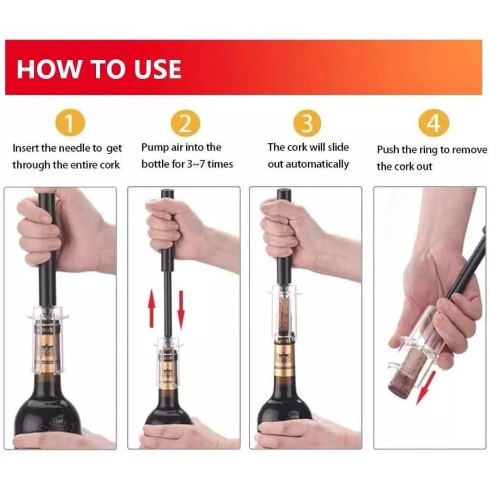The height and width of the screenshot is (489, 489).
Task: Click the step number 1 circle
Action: (x=70, y=123)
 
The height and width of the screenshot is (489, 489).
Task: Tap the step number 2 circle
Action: (x=185, y=123)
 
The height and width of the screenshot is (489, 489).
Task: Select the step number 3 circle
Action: (x=307, y=123)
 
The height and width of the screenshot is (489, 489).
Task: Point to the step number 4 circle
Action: (x=433, y=123)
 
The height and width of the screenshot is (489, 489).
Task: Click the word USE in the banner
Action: (x=158, y=68)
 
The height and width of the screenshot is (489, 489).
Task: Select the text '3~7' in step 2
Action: (x=195, y=164)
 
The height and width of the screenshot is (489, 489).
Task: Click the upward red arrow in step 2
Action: (x=152, y=308)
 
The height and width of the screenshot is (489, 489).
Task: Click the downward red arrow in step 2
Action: (x=181, y=310)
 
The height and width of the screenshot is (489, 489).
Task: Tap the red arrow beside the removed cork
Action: (x=425, y=388)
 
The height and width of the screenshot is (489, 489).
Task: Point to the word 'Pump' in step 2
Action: (x=155, y=147)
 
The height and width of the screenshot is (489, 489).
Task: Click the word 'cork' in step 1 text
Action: (x=110, y=164)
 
